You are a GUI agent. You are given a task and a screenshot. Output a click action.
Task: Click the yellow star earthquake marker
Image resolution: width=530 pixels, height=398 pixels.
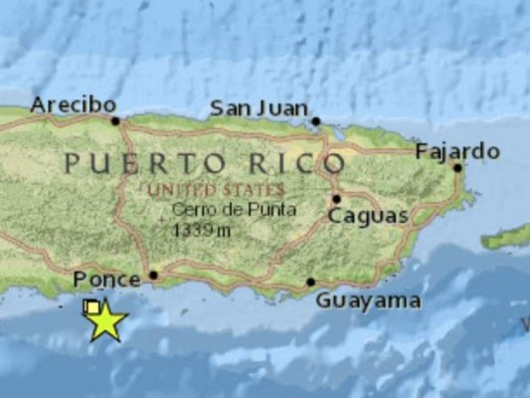click(x=106, y=321)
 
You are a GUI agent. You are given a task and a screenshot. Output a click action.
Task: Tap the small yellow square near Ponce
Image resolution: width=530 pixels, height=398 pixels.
click(x=92, y=307)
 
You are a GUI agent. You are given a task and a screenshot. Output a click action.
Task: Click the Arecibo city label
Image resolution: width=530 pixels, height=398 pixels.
click(x=74, y=104)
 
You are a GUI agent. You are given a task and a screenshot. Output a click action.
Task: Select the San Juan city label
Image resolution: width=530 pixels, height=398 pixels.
click(x=257, y=108)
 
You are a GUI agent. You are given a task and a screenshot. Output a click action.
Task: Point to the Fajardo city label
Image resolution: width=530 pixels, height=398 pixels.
click(x=457, y=151)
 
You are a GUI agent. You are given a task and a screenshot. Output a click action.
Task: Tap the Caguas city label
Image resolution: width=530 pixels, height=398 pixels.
click(x=368, y=216)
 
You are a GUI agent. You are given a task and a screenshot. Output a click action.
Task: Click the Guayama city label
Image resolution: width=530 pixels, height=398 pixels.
click(x=368, y=300)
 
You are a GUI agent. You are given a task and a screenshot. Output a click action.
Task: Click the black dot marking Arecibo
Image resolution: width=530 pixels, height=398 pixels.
click(x=115, y=121)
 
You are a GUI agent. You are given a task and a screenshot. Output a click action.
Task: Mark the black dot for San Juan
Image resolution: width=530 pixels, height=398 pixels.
click(x=315, y=121)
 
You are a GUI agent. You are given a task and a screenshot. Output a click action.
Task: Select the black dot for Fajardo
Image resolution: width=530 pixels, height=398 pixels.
click(x=458, y=167)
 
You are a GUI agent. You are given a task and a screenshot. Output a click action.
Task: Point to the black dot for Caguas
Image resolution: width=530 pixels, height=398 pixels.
click(x=336, y=198)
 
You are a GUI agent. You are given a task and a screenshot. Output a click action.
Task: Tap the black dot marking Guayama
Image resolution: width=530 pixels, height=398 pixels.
click(x=310, y=282)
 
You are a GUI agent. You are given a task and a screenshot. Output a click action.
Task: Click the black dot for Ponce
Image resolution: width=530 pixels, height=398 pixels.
click(x=153, y=275)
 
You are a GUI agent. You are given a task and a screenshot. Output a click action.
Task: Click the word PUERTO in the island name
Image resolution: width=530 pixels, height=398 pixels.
click(x=129, y=163)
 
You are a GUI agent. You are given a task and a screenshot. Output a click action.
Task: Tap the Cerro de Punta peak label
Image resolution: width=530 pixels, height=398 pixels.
click(x=222, y=210)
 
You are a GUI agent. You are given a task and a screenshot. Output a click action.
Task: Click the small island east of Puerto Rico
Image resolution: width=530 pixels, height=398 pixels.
click(x=507, y=238)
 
